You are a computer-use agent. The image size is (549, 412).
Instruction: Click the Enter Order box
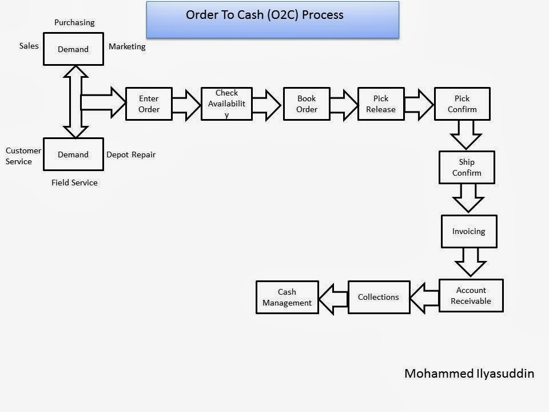[149, 104]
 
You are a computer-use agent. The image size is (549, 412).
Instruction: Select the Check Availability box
[226, 104]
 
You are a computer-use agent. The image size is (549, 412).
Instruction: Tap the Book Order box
[307, 104]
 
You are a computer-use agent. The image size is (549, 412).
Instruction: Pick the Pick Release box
[381, 104]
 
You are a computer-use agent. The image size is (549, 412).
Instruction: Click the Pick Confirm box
[462, 104]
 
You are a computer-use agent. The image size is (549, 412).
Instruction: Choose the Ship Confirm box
[467, 167]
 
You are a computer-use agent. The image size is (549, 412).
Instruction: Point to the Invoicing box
[469, 231]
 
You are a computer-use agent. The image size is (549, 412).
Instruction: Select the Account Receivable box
[471, 295]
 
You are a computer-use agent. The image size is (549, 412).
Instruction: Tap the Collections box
[379, 297]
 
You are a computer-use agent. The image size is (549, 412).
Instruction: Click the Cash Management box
[287, 297]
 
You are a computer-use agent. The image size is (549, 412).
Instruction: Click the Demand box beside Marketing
[73, 49]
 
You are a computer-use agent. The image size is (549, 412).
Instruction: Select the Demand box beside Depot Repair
[73, 154]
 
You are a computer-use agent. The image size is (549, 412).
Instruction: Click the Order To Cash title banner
[272, 19]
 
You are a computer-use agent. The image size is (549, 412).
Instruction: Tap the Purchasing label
[74, 22]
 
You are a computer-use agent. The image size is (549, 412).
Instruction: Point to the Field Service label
[74, 183]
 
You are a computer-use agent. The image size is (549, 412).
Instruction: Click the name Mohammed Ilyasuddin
[469, 374]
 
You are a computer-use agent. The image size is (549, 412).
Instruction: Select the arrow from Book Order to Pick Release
[343, 104]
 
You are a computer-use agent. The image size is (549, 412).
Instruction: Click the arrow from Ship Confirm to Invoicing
[468, 199]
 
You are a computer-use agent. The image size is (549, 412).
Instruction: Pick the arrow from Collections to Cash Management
[333, 298]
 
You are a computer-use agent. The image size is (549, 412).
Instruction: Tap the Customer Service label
[23, 156]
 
